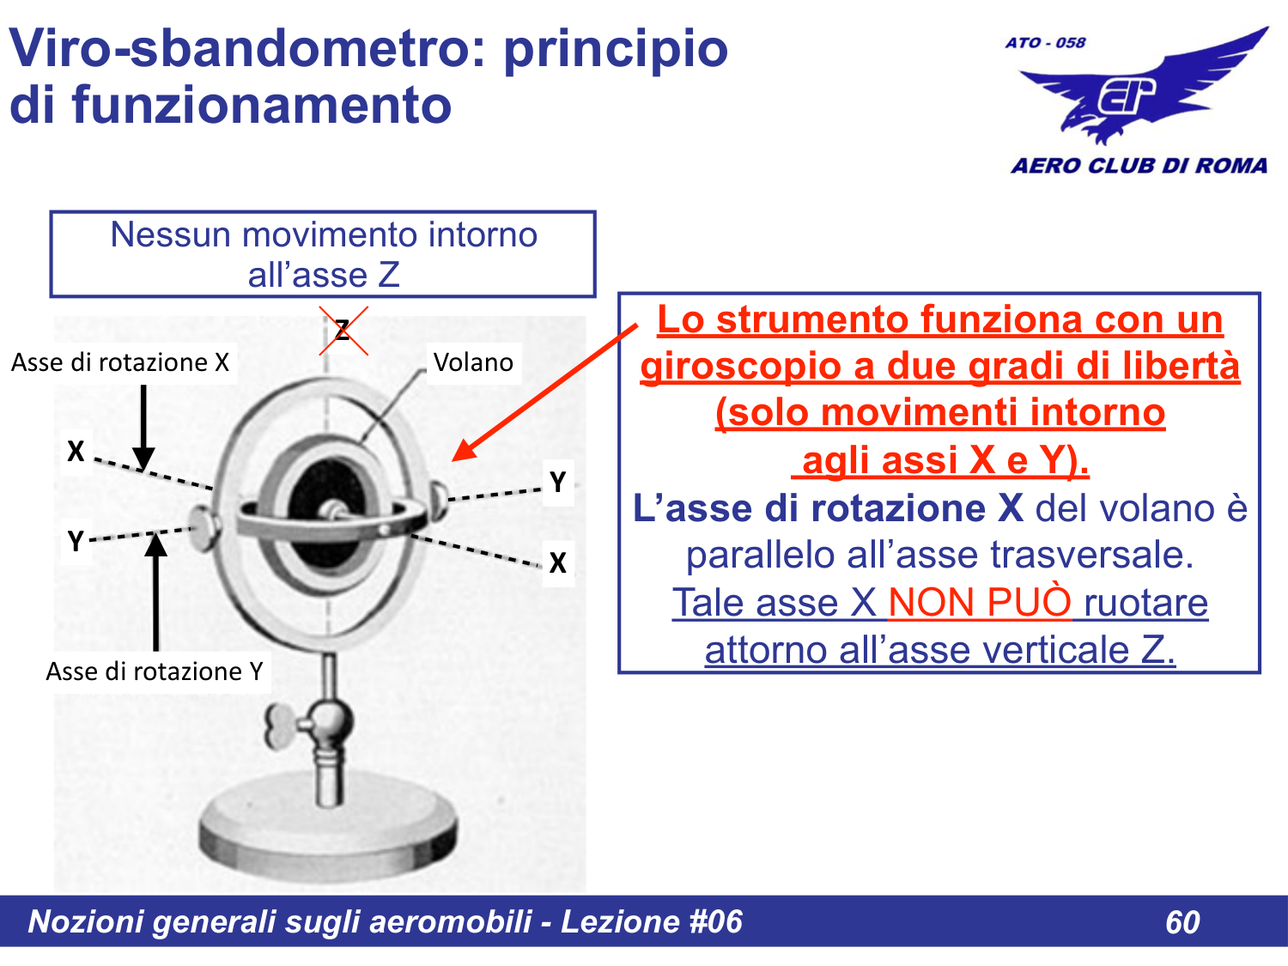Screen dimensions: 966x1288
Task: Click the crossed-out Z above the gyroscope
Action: pyautogui.click(x=343, y=331)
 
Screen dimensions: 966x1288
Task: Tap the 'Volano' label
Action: pyautogui.click(x=473, y=362)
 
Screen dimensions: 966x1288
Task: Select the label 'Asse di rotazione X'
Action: pyautogui.click(x=120, y=362)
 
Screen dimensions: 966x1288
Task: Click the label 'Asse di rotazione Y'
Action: pyautogui.click(x=155, y=671)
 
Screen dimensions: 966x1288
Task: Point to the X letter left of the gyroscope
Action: pyautogui.click(x=76, y=451)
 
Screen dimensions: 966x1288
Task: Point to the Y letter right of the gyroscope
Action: pyautogui.click(x=558, y=482)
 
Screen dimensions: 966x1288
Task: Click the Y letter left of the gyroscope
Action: pyautogui.click(x=76, y=541)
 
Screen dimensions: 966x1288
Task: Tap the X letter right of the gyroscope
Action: pyautogui.click(x=558, y=562)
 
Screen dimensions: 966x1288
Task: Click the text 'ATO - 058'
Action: pyautogui.click(x=1045, y=42)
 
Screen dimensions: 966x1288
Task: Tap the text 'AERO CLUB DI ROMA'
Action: pyautogui.click(x=1139, y=166)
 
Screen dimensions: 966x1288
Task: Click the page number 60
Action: pyautogui.click(x=1182, y=922)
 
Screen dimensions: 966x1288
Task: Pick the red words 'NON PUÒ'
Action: pyautogui.click(x=980, y=602)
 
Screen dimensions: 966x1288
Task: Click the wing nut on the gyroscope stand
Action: pyautogui.click(x=283, y=726)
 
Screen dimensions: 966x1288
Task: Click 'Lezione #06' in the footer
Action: pyautogui.click(x=651, y=921)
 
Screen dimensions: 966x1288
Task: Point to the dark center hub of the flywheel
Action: pyautogui.click(x=331, y=507)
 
